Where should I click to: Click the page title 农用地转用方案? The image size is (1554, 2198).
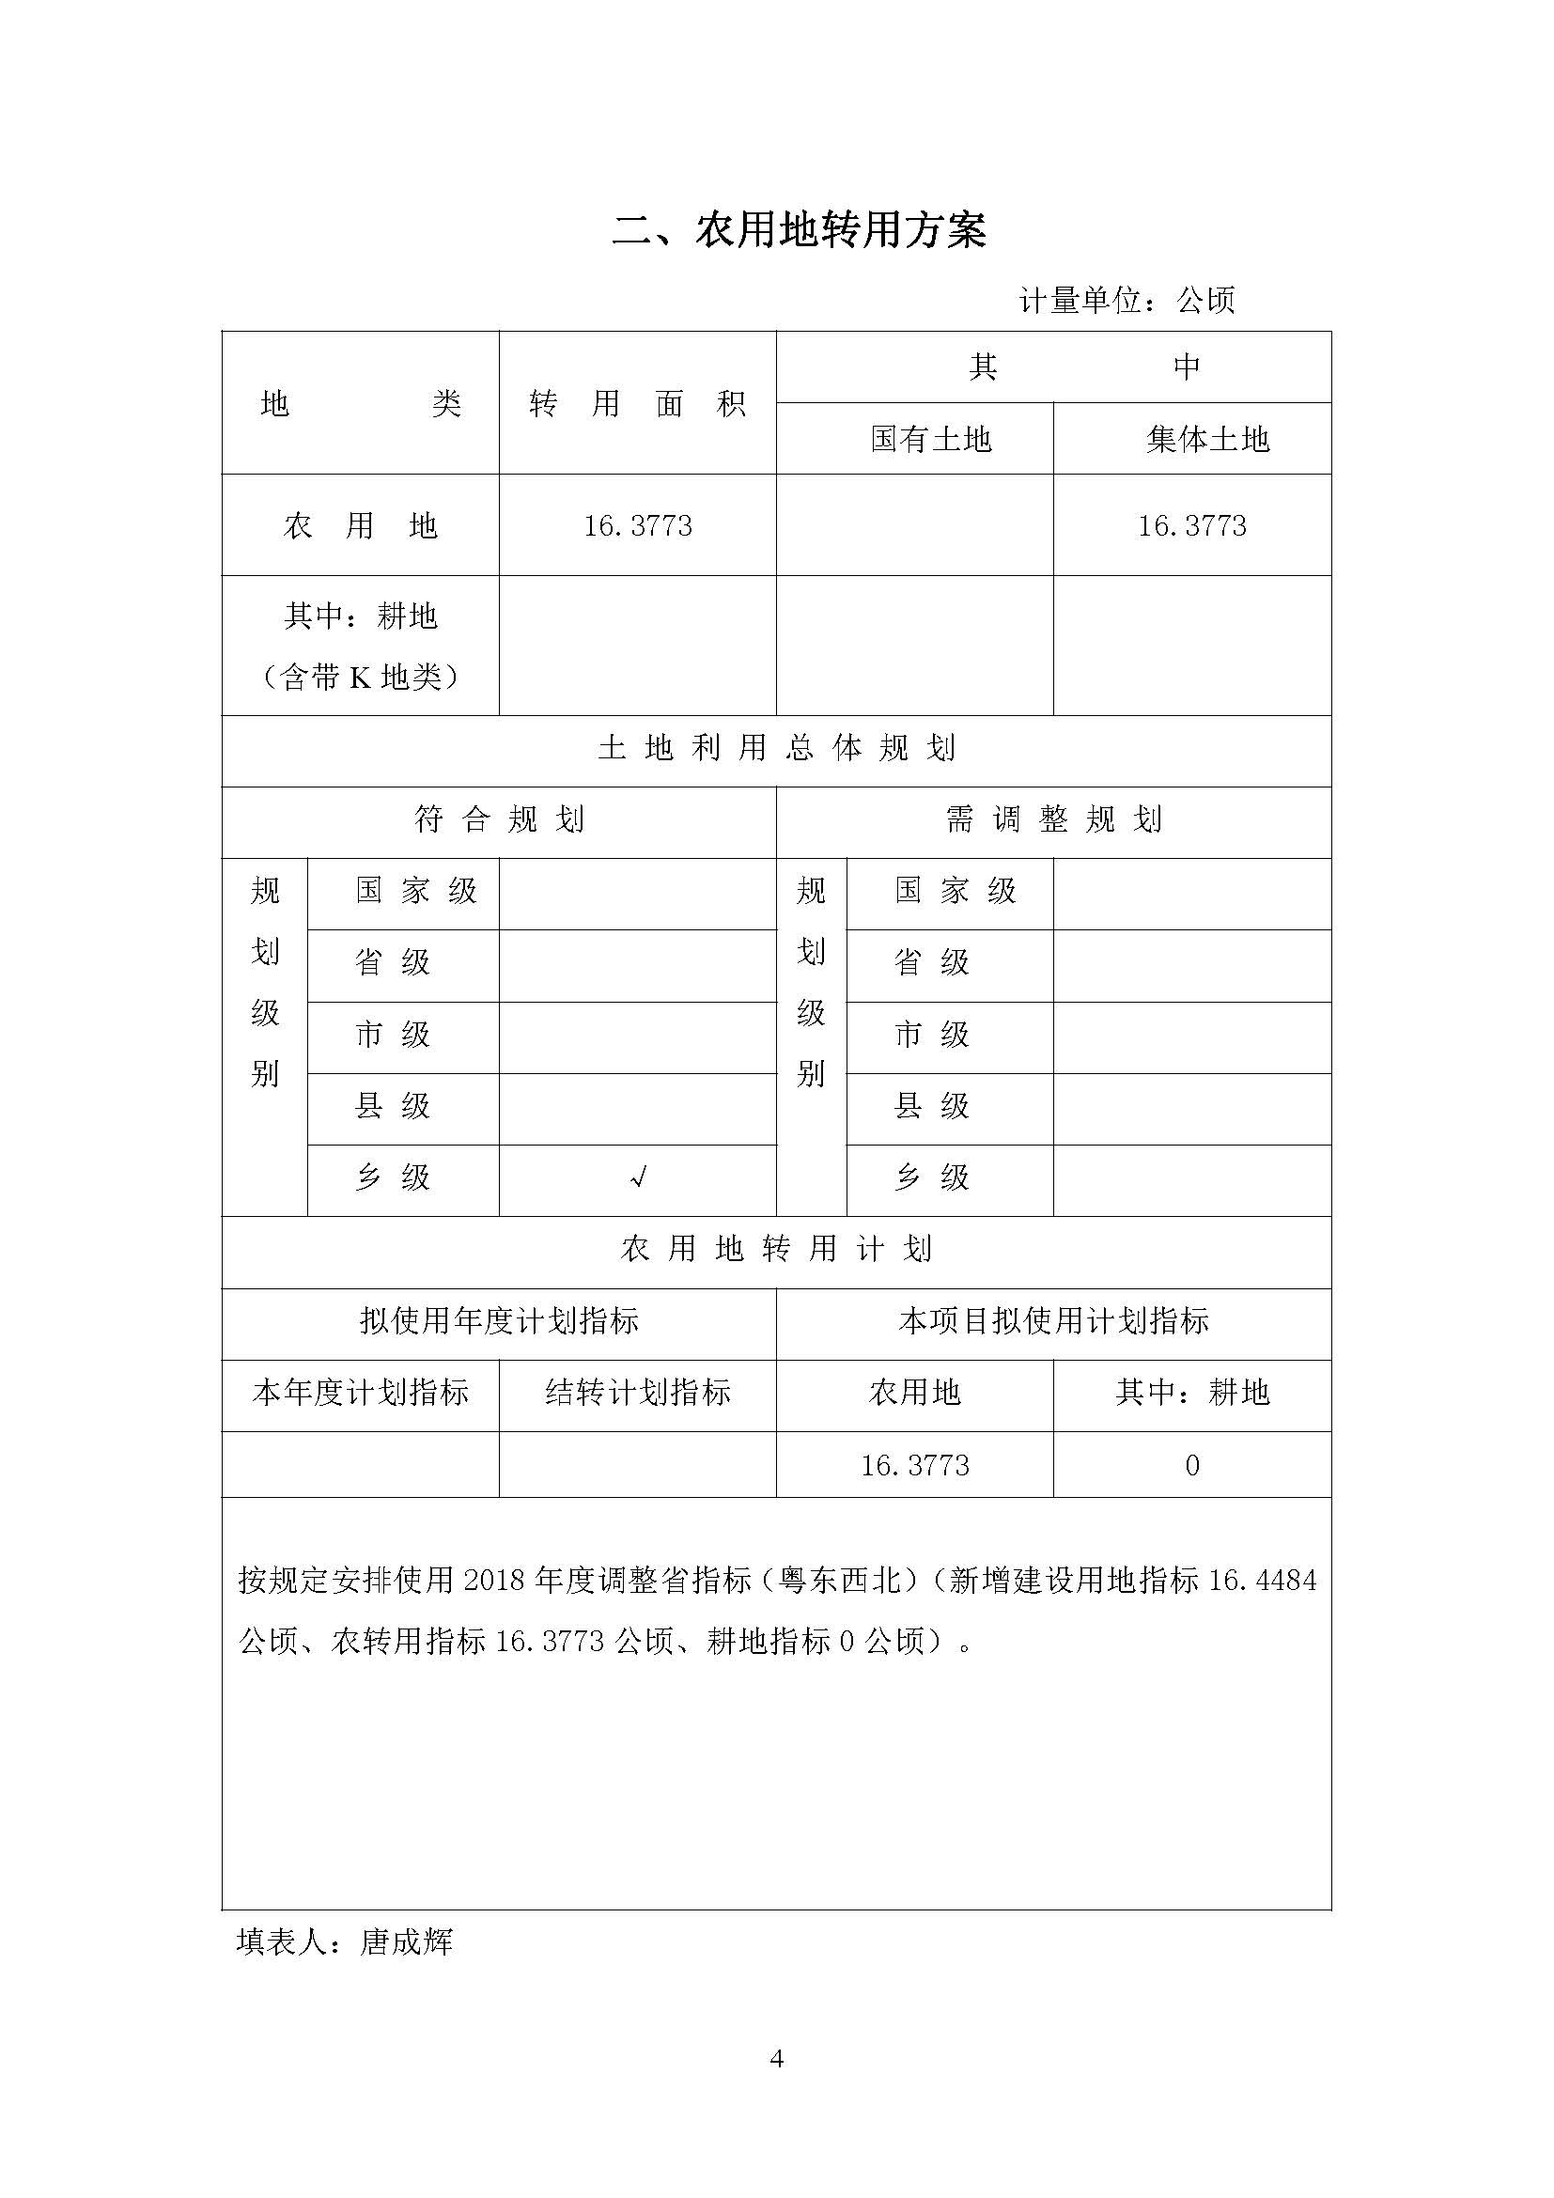point(798,232)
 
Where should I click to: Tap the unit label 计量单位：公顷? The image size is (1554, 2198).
point(1127,302)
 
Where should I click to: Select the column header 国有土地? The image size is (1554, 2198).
point(930,440)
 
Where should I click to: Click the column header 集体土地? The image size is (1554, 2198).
point(1207,440)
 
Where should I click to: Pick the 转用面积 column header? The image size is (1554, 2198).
point(637,405)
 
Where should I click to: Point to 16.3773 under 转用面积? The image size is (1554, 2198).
point(638,525)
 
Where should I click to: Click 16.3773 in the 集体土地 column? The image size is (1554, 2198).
point(1191,525)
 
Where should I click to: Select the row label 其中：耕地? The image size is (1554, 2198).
point(361,616)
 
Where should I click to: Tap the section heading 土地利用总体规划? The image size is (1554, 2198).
point(776,748)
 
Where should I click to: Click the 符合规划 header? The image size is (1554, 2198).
point(499,819)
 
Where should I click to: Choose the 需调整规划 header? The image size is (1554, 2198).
point(1053,819)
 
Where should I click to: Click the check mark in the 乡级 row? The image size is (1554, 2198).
point(638,1178)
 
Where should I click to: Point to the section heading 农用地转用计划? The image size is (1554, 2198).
point(776,1249)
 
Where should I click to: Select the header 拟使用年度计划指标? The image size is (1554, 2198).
point(499,1321)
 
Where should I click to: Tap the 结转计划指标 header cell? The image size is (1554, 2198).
point(637,1392)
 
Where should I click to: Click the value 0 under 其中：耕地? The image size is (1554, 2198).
point(1191,1466)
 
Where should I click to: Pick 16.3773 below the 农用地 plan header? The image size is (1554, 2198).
point(915,1466)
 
